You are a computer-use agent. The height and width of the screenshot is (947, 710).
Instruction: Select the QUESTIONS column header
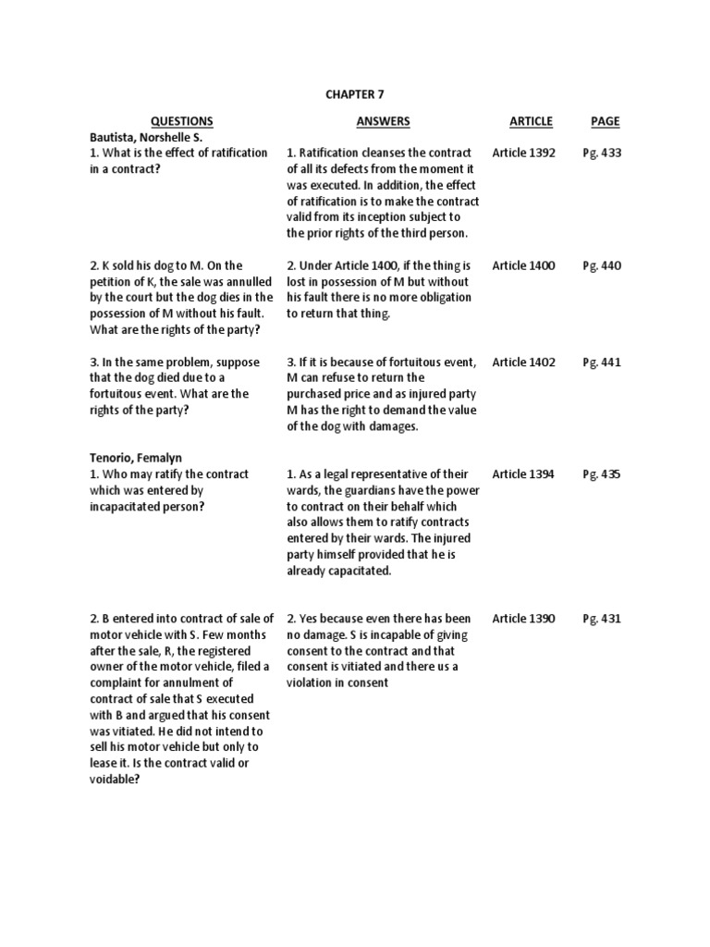point(181,121)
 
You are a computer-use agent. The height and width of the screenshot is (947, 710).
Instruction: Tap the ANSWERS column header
point(383,121)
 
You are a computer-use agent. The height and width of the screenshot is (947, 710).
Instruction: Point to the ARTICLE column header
point(531,121)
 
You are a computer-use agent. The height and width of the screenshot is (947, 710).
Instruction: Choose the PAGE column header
point(605,121)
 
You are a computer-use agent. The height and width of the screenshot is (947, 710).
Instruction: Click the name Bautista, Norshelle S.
point(146,137)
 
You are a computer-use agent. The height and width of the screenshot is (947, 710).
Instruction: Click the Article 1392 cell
point(523,153)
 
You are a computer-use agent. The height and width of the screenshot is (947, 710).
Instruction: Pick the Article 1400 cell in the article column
point(523,265)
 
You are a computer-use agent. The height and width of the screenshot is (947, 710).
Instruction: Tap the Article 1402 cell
point(523,363)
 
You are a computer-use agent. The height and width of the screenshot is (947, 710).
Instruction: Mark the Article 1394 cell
point(523,474)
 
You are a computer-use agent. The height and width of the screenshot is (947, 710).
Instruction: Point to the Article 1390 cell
point(523,619)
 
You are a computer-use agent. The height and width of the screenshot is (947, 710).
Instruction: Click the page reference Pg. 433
point(602,153)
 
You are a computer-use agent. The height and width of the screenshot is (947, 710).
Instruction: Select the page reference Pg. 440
point(602,265)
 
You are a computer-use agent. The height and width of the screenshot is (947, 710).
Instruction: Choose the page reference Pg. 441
point(602,363)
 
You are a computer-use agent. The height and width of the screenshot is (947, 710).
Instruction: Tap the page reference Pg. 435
point(602,474)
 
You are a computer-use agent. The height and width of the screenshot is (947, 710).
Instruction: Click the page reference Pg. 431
point(602,619)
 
